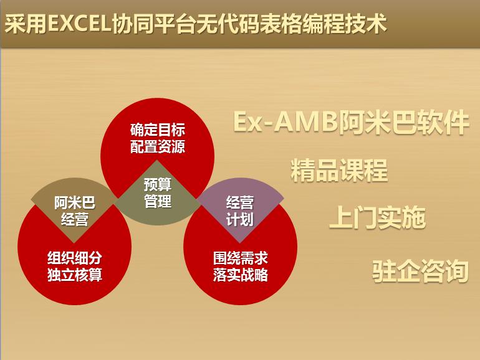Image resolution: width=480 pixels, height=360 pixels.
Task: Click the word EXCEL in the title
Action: [79, 24]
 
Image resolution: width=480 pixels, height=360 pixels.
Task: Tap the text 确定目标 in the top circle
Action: [158, 130]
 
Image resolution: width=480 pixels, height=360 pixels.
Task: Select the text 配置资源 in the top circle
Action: [158, 146]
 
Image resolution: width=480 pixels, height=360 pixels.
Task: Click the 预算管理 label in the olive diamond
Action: [158, 193]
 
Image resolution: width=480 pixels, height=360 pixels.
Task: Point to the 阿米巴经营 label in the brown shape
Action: [75, 211]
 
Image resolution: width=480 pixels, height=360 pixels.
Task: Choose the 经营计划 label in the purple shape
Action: [240, 211]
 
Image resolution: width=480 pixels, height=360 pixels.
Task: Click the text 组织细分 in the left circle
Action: [75, 258]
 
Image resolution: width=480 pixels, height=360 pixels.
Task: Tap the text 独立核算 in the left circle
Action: [75, 274]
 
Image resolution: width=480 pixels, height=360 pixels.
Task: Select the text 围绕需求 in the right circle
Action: [241, 258]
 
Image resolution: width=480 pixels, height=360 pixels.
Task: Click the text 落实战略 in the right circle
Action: [241, 274]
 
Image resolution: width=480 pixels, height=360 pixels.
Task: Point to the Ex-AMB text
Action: [286, 121]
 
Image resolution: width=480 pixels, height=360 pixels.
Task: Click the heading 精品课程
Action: [339, 170]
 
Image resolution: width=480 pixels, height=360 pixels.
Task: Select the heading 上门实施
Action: [377, 217]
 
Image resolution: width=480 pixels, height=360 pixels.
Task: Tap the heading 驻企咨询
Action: [420, 271]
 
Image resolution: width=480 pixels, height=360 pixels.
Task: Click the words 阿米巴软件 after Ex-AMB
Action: [403, 121]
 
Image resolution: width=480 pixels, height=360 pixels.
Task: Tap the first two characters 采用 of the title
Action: [26, 24]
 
